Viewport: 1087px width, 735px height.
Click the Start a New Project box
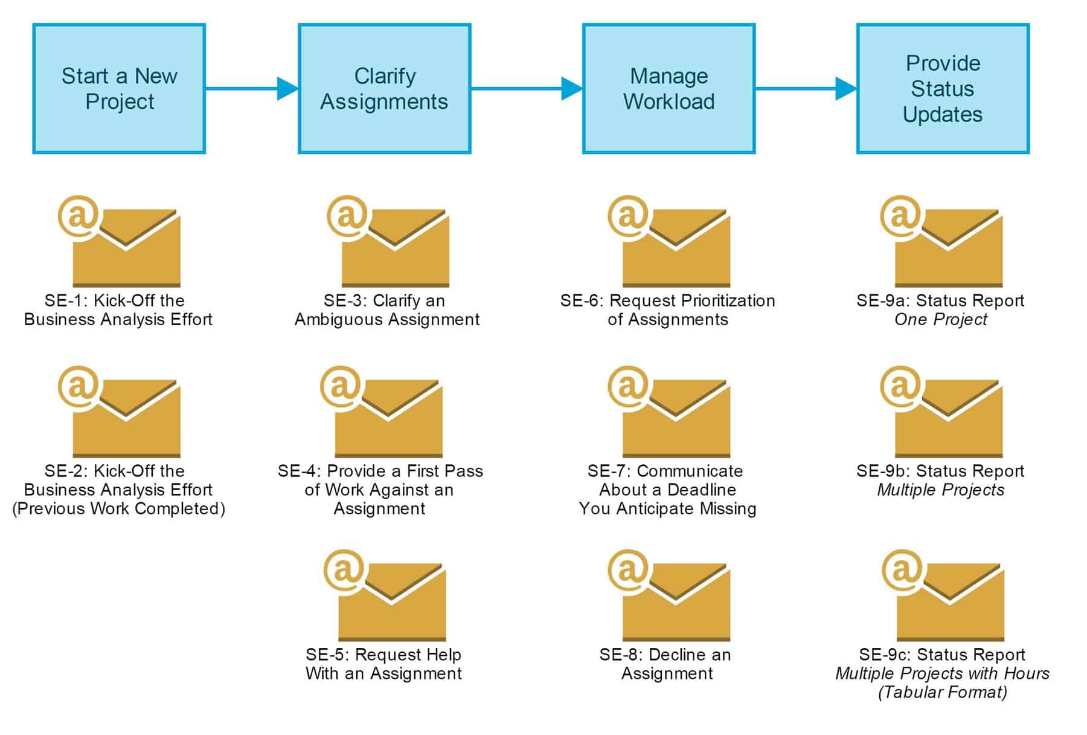tap(119, 89)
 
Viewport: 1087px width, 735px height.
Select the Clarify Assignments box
tap(384, 89)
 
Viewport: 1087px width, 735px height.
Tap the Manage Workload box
tap(669, 89)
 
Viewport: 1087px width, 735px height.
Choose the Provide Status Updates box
tap(942, 89)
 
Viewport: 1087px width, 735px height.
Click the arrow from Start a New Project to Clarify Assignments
tap(251, 89)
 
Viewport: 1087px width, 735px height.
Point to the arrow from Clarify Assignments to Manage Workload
tap(526, 89)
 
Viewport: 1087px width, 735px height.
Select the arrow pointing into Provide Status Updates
tap(806, 89)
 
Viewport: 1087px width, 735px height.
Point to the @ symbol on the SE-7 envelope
tap(627, 386)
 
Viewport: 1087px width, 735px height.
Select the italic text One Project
tap(941, 320)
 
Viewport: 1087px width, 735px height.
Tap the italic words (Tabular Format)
tap(942, 692)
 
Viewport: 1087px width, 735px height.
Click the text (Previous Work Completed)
tap(118, 509)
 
